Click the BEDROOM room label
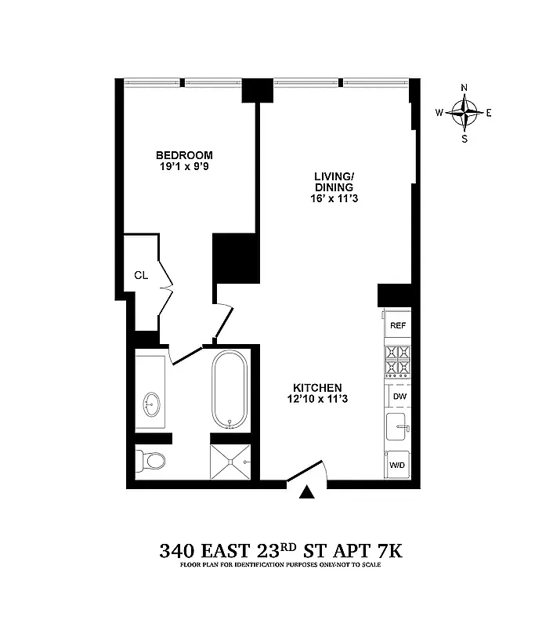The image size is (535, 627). point(184,155)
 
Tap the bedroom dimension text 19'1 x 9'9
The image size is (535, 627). point(184,167)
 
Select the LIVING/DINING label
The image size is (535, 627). point(334,182)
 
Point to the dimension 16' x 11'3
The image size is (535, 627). point(334,199)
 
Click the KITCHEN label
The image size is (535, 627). point(317,388)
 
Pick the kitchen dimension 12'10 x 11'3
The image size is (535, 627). point(317,400)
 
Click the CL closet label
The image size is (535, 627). point(141,275)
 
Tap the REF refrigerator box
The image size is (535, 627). point(398,324)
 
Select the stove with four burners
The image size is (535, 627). point(397,361)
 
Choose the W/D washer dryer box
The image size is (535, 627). point(398,466)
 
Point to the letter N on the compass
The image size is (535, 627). point(465,88)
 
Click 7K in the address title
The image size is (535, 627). point(387,552)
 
